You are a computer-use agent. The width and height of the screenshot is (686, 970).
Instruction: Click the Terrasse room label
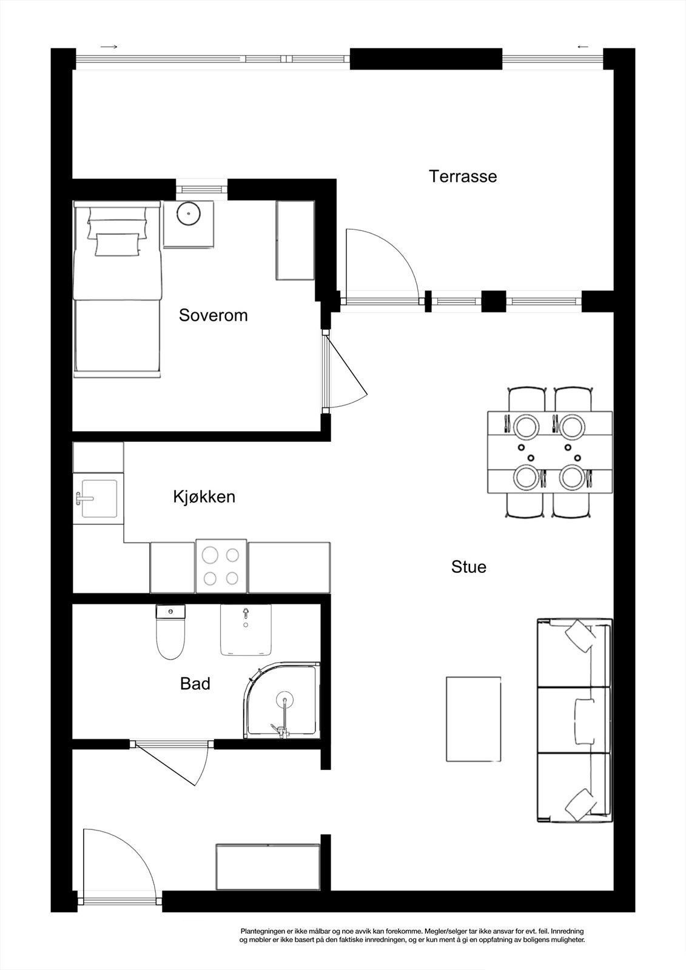coord(463,176)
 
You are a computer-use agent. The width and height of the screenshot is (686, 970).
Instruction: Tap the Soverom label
coord(214,315)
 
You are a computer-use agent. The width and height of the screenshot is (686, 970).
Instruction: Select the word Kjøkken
coord(204,497)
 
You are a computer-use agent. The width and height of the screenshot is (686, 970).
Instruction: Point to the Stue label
coord(469,566)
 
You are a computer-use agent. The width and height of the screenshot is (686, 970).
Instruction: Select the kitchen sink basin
coord(99,498)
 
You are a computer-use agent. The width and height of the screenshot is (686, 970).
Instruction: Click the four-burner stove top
coord(221,566)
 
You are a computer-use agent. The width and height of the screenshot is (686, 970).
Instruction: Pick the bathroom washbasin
coord(246,630)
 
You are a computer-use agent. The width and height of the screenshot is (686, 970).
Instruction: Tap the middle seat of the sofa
coord(574,720)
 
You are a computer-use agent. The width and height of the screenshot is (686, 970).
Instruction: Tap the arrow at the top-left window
coord(109,47)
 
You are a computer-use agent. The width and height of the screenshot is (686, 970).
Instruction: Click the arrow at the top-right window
coord(583,47)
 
